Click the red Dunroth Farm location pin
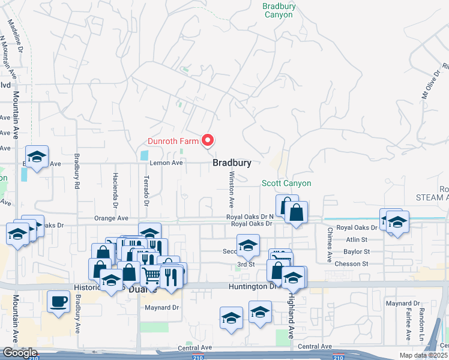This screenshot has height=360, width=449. (x=208, y=140)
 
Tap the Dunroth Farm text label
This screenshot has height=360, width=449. (x=173, y=142)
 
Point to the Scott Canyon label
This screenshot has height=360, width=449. (x=286, y=183)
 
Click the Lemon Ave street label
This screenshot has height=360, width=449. (x=166, y=163)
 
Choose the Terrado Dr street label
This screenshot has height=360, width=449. (x=146, y=190)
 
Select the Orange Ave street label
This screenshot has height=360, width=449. (x=111, y=218)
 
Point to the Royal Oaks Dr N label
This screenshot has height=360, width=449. (x=250, y=216)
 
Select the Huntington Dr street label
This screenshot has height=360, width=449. (x=251, y=287)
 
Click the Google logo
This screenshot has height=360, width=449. (x=20, y=353)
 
